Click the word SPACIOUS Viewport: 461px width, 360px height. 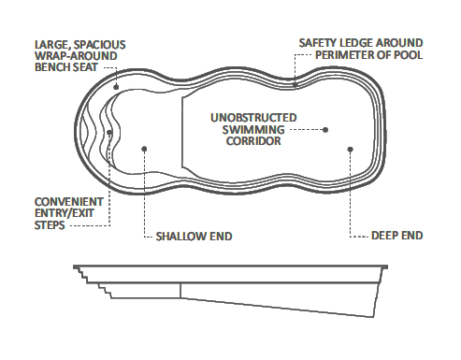pos(98,44)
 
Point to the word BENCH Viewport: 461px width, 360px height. pos(52,68)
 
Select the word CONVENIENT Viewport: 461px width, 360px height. pos(66,201)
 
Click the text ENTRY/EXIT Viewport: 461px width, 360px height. pos(68,213)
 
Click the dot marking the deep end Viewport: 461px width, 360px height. pos(349,149)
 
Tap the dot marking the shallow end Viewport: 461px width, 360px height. pos(144,148)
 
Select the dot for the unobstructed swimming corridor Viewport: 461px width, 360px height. pos(326,129)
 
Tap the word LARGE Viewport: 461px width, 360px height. pos(51,44)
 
